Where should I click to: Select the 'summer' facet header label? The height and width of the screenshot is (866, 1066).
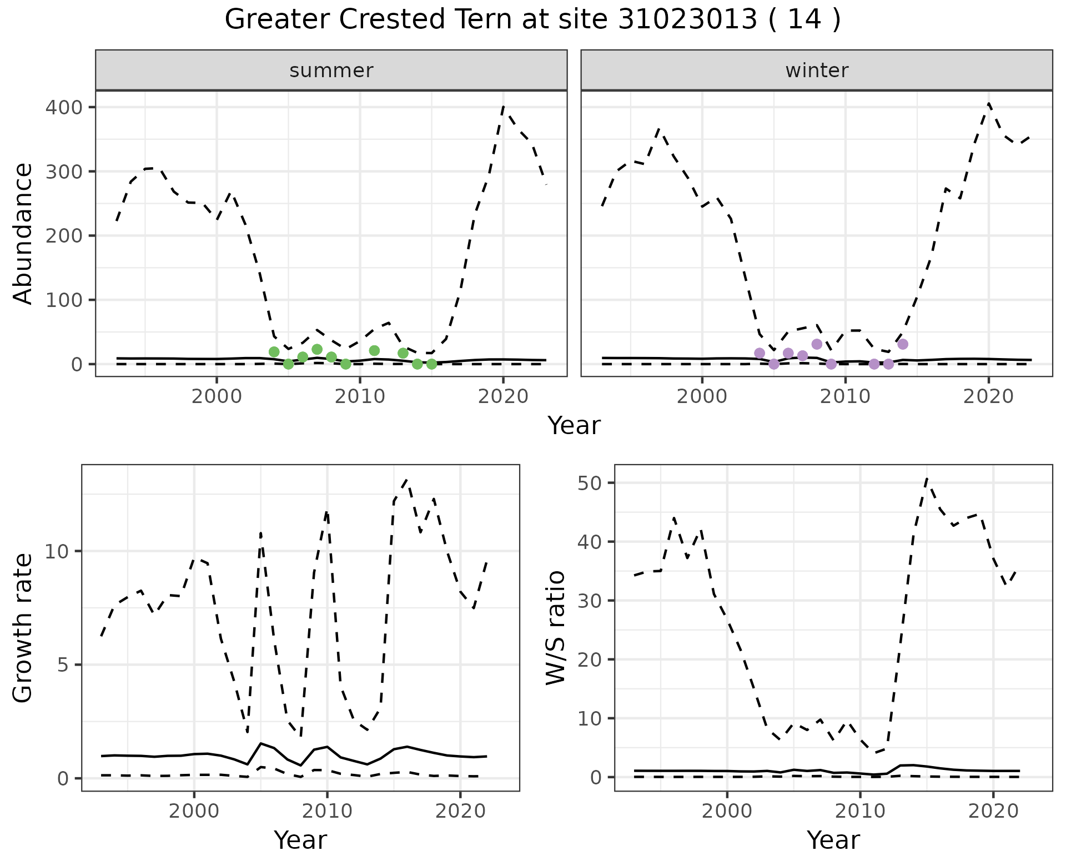click(331, 71)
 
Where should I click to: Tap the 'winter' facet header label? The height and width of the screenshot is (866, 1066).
click(817, 71)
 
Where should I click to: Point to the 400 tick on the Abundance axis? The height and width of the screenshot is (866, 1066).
click(63, 107)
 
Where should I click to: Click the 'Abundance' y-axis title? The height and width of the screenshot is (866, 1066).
click(23, 234)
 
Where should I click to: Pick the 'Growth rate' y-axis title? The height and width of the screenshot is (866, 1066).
click(23, 627)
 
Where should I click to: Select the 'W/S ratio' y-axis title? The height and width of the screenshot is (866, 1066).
click(556, 627)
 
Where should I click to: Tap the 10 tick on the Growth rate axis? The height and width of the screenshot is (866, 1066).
click(63, 551)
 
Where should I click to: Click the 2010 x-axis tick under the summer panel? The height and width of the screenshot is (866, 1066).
click(360, 396)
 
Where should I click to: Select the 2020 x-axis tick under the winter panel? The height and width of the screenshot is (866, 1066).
click(988, 396)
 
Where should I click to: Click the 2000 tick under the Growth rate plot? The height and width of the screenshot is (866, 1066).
click(194, 811)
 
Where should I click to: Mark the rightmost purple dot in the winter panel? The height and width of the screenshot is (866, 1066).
click(903, 344)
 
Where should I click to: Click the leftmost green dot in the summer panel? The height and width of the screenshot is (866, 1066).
click(274, 352)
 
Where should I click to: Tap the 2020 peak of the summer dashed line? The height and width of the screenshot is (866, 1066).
click(503, 107)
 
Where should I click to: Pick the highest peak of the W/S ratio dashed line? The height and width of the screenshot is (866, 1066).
click(927, 479)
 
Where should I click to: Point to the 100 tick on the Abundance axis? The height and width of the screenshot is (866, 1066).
click(63, 300)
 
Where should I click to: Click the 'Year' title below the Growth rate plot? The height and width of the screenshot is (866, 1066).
click(300, 840)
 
